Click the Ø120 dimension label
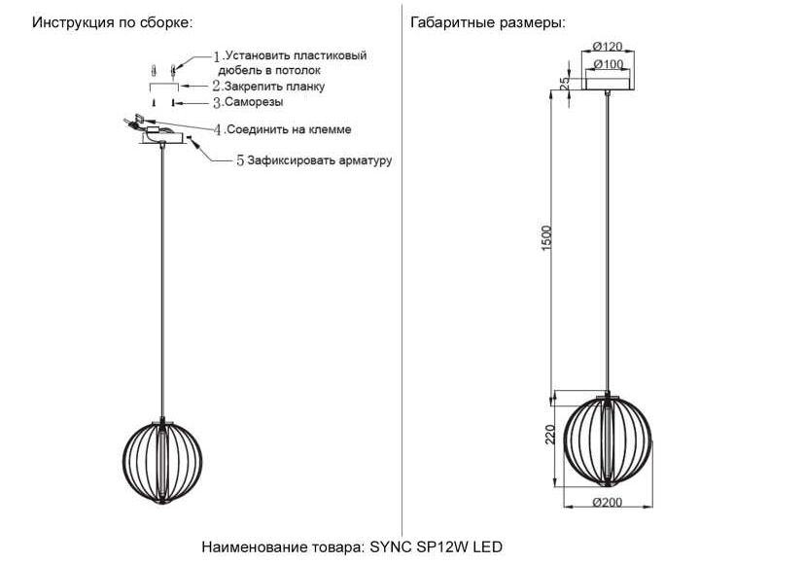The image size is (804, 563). tap(608, 47)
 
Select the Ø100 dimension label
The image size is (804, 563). tap(609, 64)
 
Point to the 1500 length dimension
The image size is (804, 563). tap(546, 238)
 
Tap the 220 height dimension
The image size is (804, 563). tap(549, 435)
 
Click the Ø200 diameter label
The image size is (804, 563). tap(608, 503)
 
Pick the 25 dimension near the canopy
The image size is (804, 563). tap(564, 84)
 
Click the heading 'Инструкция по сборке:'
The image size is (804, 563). tap(113, 23)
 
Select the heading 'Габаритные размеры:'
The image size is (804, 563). tap(488, 23)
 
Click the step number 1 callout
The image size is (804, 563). tap(217, 56)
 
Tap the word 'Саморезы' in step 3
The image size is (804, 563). tap(254, 102)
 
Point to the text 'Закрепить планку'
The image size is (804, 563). tap(274, 87)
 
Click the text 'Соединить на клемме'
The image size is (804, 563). tap(289, 129)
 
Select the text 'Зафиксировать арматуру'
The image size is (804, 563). tap(320, 160)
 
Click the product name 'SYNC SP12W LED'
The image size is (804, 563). tap(437, 547)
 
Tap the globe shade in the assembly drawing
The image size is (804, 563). tap(162, 462)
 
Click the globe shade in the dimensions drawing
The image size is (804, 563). tap(608, 440)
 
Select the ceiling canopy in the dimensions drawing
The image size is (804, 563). tap(608, 84)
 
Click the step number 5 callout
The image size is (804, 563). tap(240, 160)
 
